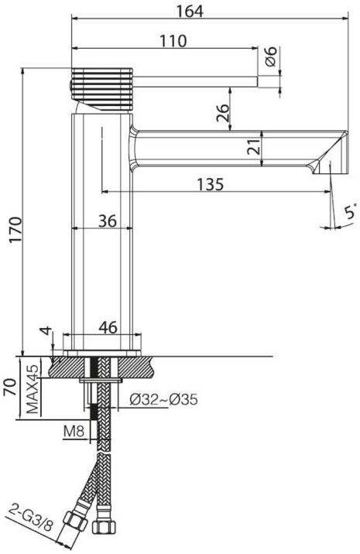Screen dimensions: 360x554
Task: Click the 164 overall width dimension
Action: [190, 12]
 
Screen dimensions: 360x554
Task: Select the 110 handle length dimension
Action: [173, 41]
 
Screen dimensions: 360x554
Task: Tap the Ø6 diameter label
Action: [270, 56]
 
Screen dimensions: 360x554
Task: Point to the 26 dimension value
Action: [223, 112]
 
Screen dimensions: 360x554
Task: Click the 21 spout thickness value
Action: [253, 147]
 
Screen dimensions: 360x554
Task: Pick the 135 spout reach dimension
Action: [211, 184]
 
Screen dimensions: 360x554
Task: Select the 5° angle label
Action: [351, 211]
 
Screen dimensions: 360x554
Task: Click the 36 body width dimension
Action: [107, 221]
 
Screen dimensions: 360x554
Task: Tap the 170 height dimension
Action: [15, 230]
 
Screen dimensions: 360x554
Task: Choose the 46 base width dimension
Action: [108, 327]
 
